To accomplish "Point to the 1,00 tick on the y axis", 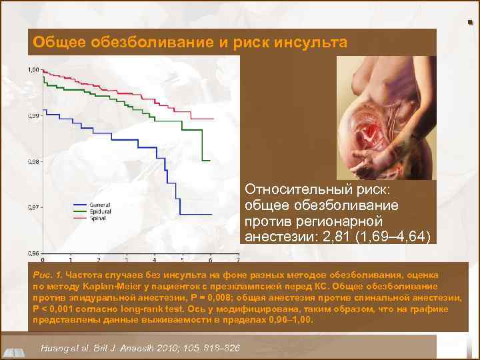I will click(x=33, y=69).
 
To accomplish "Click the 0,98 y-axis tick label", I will click(x=33, y=161).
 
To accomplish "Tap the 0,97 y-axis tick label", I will click(x=33, y=207).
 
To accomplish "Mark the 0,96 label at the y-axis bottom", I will click(x=33, y=253).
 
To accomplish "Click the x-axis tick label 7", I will click(x=237, y=259).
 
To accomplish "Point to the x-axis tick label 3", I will click(x=126, y=259).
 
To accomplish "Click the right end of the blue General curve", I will click(x=211, y=214).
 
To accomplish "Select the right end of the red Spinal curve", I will click(x=213, y=119).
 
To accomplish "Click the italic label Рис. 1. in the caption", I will click(x=46, y=275).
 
